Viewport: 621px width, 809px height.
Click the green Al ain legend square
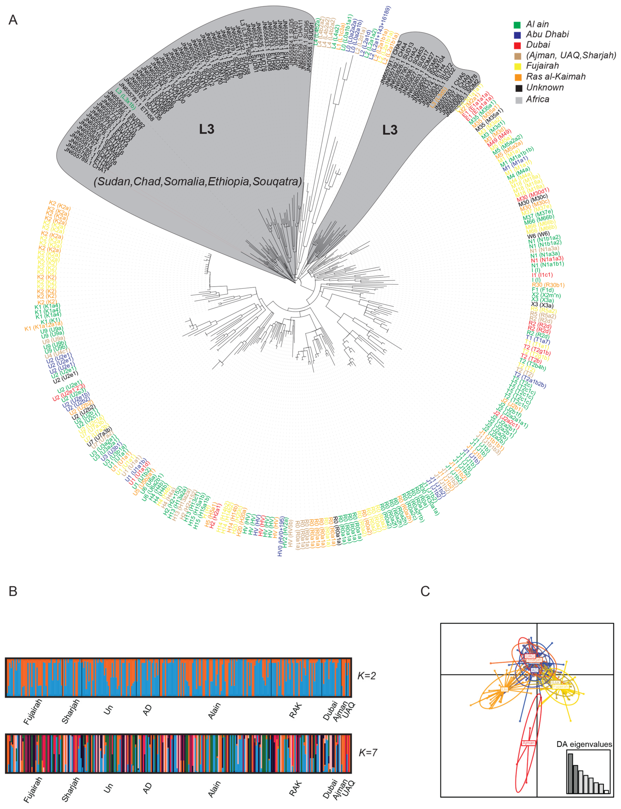coord(517,25)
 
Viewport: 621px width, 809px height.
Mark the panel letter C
coord(425,591)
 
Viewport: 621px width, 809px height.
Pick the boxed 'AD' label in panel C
coord(535,670)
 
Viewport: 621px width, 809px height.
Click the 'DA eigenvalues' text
coord(584,744)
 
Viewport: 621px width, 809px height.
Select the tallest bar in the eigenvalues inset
coord(570,773)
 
